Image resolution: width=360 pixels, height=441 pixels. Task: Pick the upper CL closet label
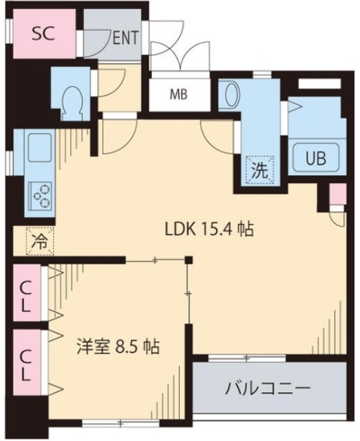(x=25, y=294)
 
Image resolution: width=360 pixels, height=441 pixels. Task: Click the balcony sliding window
(x=246, y=358)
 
